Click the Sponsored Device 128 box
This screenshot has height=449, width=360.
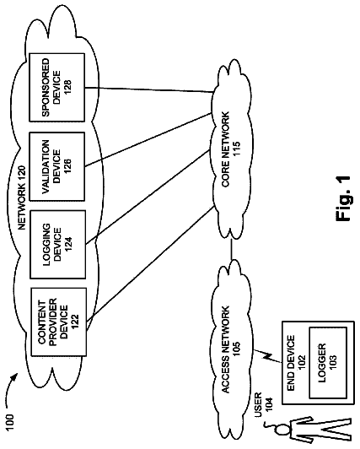57,87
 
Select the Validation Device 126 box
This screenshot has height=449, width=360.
57,166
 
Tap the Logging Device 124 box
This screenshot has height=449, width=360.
58,245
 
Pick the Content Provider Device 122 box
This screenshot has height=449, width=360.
58,322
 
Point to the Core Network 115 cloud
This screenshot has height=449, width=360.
231,149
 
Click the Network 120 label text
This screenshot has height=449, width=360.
22,197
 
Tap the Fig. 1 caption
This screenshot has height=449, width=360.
343,198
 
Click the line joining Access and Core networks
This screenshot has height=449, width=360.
232,250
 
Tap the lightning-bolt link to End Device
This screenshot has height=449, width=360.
267,357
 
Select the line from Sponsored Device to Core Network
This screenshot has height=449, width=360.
149,89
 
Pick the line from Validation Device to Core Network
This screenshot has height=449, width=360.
148,139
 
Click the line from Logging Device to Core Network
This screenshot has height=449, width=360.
148,197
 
